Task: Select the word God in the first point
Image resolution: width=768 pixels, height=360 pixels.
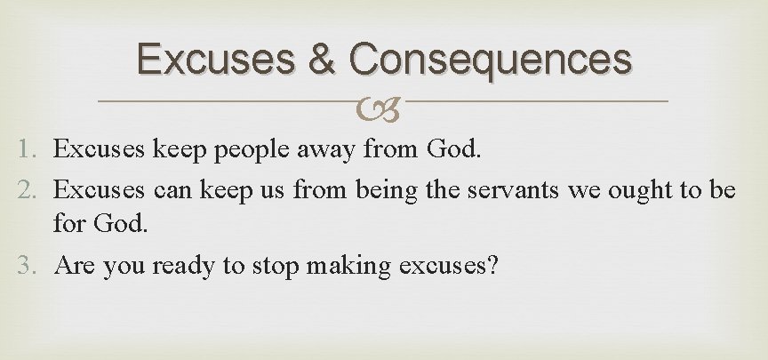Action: click(x=453, y=150)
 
